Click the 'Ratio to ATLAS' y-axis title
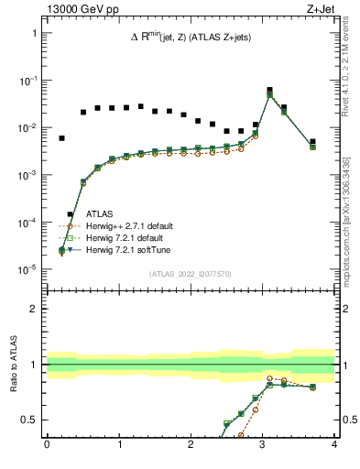pyautogui.click(x=15, y=364)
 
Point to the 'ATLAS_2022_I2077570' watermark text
pyautogui.click(x=190, y=274)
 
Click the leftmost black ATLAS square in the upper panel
pyautogui.click(x=61, y=138)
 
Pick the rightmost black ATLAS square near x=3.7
pyautogui.click(x=312, y=142)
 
